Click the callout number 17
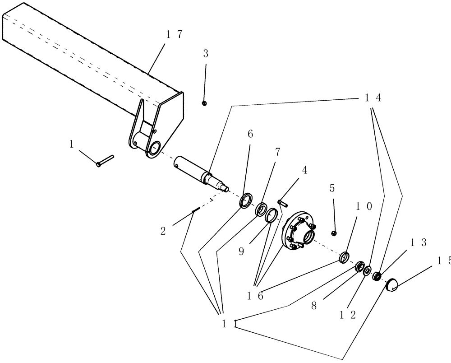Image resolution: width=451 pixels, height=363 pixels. coord(174,34)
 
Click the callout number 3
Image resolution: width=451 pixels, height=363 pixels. coord(206,54)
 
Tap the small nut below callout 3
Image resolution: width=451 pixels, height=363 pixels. coord(204,103)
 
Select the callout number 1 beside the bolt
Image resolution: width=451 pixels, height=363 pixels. coord(71,144)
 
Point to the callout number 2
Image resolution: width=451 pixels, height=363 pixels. coord(163,231)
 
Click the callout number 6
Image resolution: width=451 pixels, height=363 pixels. coord(250,134)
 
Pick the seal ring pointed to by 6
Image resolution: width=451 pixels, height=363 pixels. coord(246,200)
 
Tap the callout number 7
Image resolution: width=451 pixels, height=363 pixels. coord(277,152)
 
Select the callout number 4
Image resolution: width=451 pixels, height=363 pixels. coord(305,170)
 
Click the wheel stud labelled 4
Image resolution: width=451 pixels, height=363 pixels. coord(282,203)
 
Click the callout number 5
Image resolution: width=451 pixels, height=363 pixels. coord(332,188)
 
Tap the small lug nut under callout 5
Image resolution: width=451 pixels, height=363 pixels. coord(334,233)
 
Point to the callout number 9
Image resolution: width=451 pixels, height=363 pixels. coord(241,251)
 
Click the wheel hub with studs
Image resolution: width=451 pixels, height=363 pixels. coord(299,232)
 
